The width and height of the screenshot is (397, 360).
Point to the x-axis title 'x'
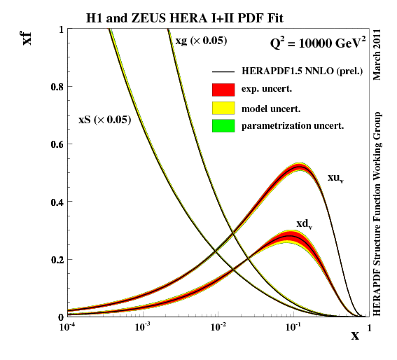click(x=355, y=335)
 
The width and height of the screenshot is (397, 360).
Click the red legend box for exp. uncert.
click(x=223, y=90)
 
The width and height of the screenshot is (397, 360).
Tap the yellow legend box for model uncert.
click(x=223, y=108)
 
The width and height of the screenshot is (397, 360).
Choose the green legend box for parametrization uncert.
click(x=223, y=126)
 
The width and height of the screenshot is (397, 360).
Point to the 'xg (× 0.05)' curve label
click(x=201, y=41)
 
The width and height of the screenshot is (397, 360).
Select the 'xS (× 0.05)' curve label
click(x=104, y=120)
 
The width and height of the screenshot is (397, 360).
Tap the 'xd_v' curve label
click(x=304, y=224)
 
